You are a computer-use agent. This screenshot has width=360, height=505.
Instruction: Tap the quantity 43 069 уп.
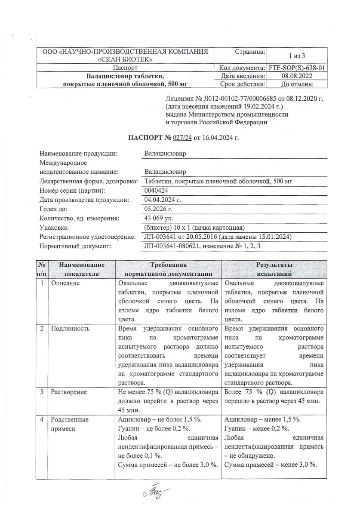tap(159, 218)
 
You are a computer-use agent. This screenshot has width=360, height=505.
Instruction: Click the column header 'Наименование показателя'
tap(81, 269)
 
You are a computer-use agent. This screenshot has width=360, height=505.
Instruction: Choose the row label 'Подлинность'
tap(70, 329)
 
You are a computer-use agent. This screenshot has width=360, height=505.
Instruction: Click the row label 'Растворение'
tap(69, 392)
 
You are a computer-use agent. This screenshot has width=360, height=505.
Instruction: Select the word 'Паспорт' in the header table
tap(125, 68)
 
